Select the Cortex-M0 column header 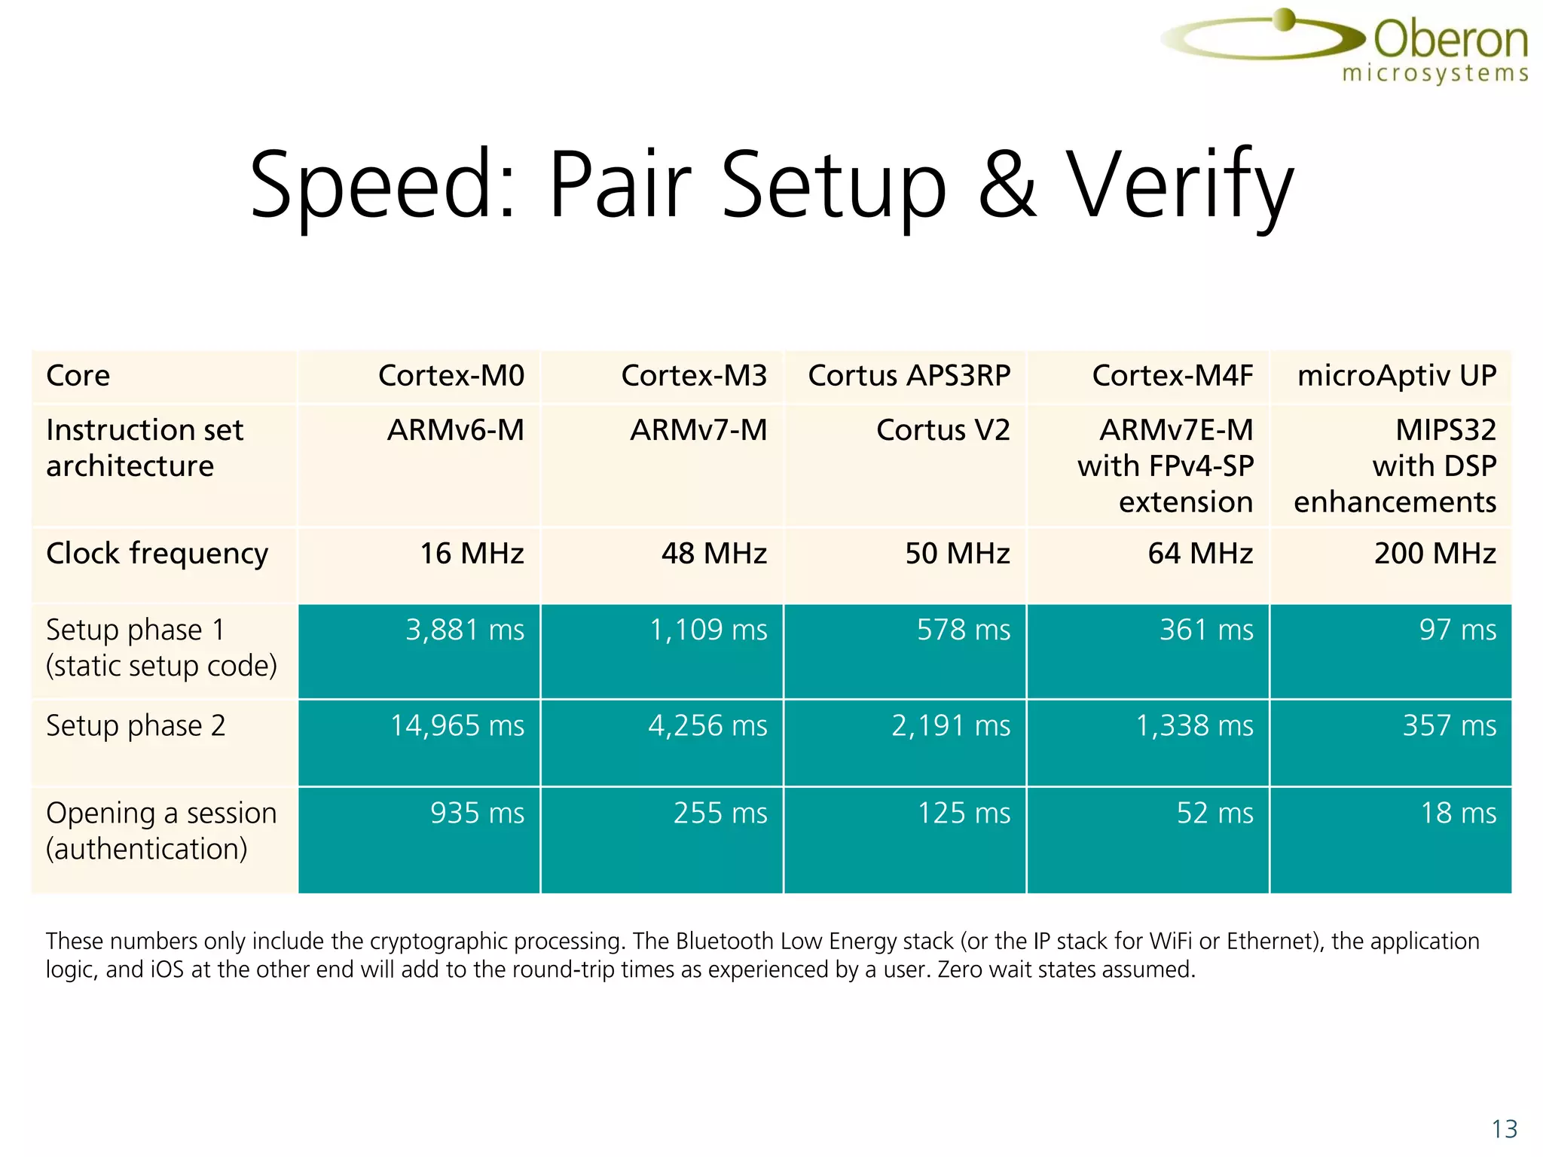point(451,375)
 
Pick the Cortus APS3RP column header point(909,375)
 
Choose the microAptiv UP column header point(1396,375)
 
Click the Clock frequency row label point(157,554)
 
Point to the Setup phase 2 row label point(136,726)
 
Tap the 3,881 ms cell point(464,630)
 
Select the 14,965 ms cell point(457,726)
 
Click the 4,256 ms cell point(707,726)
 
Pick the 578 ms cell point(963,630)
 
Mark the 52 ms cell point(1215,814)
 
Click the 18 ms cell point(1458,814)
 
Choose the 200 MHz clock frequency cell point(1435,554)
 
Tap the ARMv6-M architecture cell point(455,430)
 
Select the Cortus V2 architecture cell point(943,430)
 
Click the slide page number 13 point(1504,1129)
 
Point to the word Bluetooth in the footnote point(724,942)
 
